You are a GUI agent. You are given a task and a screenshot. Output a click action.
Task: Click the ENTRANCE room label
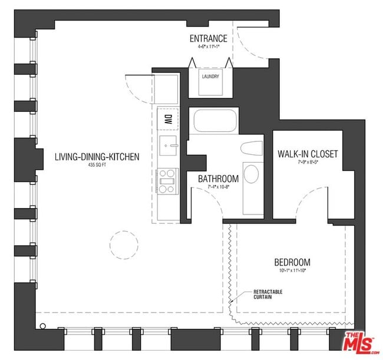208,39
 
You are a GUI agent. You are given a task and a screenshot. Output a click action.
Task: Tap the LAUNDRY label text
210,77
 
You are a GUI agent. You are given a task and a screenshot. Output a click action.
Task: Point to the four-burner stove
167,180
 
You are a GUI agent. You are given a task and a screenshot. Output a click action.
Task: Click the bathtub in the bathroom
215,121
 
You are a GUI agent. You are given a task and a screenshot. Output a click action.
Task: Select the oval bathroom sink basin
250,174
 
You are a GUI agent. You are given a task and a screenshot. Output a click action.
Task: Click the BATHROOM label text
218,179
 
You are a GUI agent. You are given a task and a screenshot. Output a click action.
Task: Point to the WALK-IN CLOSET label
308,154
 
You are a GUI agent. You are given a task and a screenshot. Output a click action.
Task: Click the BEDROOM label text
292,262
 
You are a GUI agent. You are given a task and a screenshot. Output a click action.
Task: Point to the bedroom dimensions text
292,272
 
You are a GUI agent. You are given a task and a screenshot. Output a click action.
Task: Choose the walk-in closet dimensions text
308,163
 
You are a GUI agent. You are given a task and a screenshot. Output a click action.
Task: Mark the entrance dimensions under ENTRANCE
208,48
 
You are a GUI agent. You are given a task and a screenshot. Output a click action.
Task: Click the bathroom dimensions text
218,187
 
